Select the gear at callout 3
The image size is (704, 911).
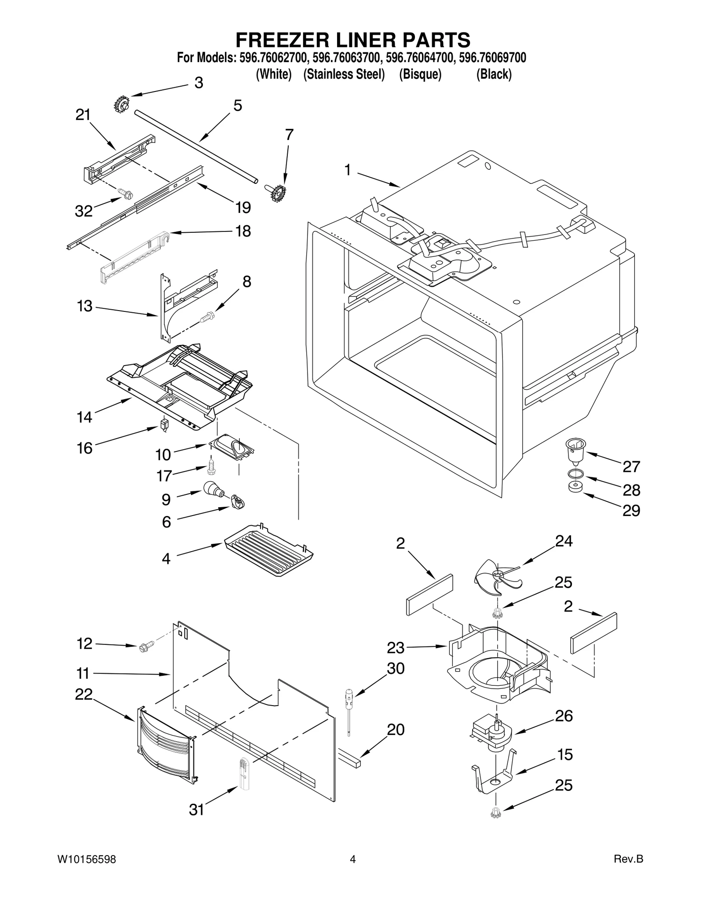pyautogui.click(x=121, y=105)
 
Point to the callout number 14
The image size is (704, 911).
pyautogui.click(x=84, y=417)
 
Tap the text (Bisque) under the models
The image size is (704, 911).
pyautogui.click(x=420, y=74)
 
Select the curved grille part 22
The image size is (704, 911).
pyautogui.click(x=165, y=746)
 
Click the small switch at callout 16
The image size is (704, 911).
pyautogui.click(x=165, y=425)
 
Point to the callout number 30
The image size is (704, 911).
pyautogui.click(x=395, y=669)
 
